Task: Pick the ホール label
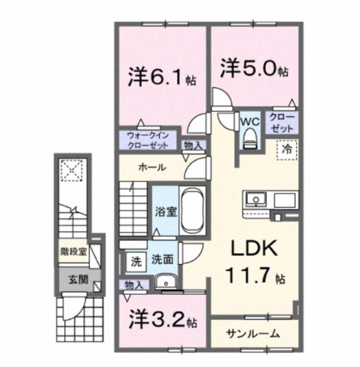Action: [152, 168]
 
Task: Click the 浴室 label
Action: [166, 210]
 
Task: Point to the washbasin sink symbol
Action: [167, 282]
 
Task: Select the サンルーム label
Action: [252, 333]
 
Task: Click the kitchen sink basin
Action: [255, 200]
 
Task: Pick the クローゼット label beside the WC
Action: [282, 123]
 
